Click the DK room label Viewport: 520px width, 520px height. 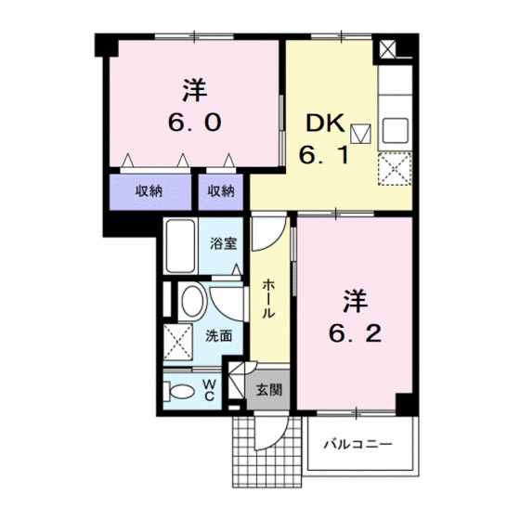click(325, 123)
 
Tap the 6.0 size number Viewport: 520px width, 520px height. click(195, 123)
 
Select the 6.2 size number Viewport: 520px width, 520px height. click(355, 333)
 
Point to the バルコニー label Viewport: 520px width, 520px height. click(357, 444)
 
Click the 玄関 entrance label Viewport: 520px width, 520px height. click(269, 390)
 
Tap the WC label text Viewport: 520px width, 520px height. click(209, 390)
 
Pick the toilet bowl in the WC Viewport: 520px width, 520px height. click(179, 391)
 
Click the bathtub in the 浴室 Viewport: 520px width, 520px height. click(180, 246)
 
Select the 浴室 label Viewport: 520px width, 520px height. click(224, 243)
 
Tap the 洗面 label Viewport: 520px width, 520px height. click(218, 336)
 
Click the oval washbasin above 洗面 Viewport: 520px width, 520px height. click(192, 302)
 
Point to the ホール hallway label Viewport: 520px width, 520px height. click(268, 299)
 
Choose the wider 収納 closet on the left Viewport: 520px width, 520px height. click(150, 191)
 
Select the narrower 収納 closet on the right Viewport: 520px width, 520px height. click(221, 191)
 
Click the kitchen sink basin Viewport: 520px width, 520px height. click(396, 131)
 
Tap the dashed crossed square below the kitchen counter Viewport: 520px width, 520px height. click(395, 169)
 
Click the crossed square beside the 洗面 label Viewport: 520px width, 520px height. click(177, 342)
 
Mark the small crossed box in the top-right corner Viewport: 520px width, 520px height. click(388, 49)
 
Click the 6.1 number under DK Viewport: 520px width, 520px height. click(323, 154)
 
